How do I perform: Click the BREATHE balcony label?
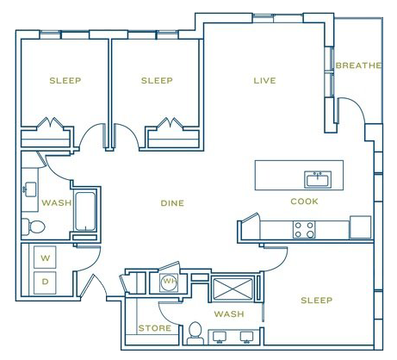coord(358,65)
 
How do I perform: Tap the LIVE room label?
coord(264,80)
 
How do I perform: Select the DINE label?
coord(172,203)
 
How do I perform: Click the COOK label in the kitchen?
coord(304,202)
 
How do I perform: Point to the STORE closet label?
coord(155,328)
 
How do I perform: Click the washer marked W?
coord(45,257)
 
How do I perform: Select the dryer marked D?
coord(45,282)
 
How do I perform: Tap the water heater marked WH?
coord(170,281)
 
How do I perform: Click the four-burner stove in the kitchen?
coord(304,230)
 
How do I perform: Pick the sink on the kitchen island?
coord(318,180)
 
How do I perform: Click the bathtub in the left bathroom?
coord(85,211)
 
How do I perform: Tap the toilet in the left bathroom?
coord(34,227)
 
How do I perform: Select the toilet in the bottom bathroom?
coord(195,333)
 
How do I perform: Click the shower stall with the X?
coord(232,289)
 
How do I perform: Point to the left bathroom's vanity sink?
coord(30,189)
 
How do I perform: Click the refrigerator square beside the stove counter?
coord(360,227)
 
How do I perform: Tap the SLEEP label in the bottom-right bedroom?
coord(317,301)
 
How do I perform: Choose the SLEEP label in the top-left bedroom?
coord(65,80)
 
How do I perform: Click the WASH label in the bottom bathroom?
coord(229,313)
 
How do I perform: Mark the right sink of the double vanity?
coord(247,338)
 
